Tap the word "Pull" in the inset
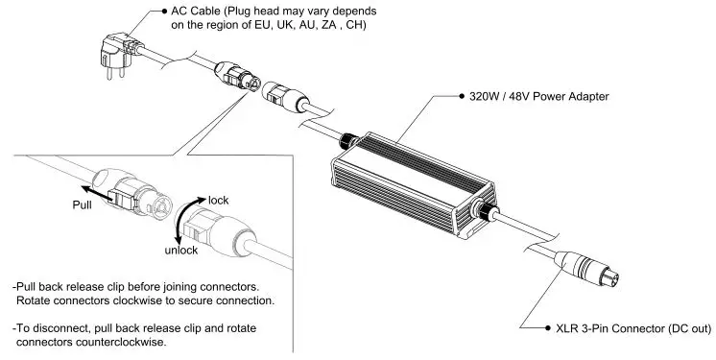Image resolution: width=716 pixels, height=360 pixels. click(84, 204)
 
